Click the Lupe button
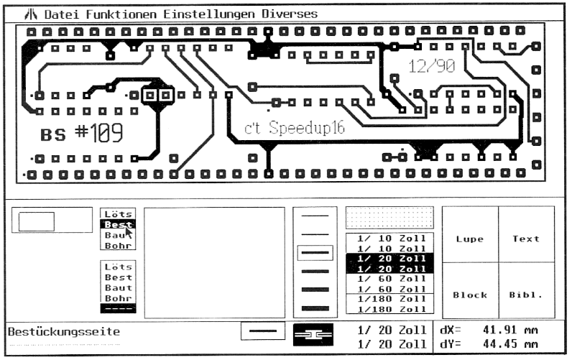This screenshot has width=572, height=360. (x=469, y=239)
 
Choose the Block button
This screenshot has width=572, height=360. (x=469, y=295)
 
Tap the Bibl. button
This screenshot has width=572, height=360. (x=525, y=295)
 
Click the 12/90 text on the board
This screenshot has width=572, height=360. (x=432, y=67)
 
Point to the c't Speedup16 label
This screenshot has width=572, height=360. (x=295, y=128)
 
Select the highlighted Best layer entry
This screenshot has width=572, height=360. (x=118, y=224)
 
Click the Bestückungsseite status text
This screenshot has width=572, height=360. (x=63, y=332)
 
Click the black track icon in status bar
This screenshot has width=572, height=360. (x=314, y=333)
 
